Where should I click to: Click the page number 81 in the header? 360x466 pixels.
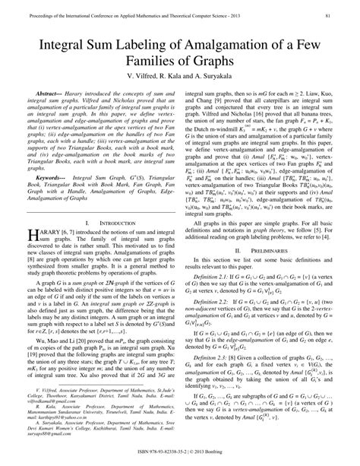(x=346, y=14)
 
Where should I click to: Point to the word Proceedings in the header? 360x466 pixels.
(x=28, y=14)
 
